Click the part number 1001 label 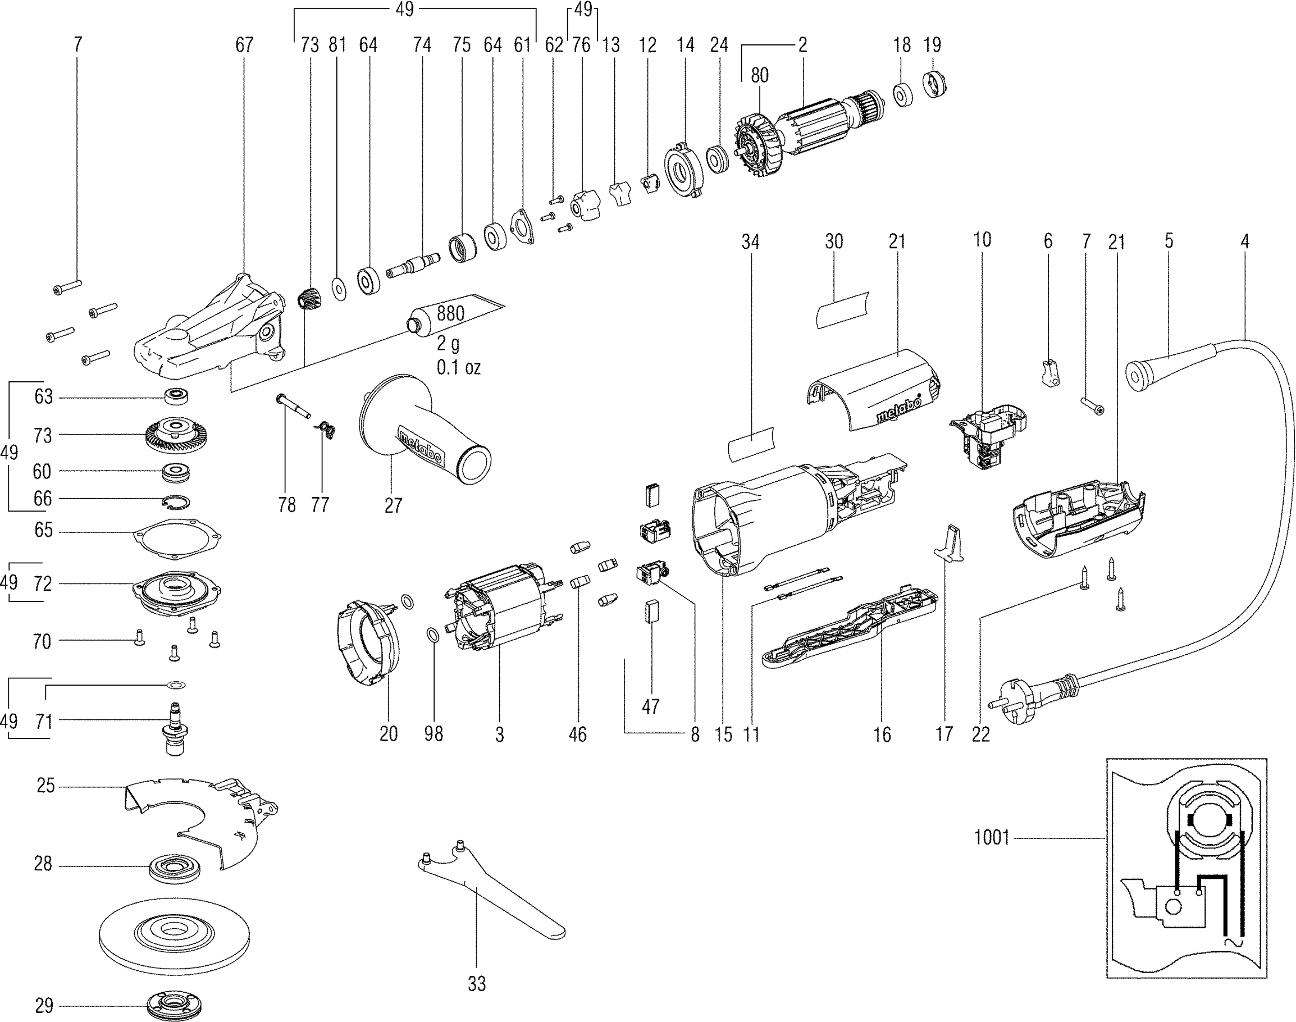point(992,837)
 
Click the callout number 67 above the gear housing point(244,45)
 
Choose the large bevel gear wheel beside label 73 point(172,434)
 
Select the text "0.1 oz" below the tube point(458,367)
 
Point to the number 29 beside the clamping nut point(43,1006)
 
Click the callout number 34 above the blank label point(750,241)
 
